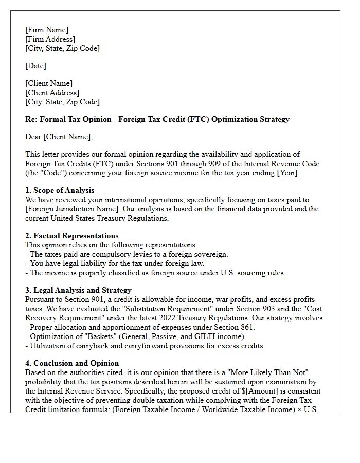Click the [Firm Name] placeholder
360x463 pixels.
47,30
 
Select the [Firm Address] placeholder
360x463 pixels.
50,39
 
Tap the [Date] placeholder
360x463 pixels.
35,66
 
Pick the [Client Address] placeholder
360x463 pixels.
52,93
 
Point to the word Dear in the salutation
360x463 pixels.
34,137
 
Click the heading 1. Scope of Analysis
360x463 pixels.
60,190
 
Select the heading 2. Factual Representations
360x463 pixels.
72,236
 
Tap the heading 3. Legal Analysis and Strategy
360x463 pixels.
78,290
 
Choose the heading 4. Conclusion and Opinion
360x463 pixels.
72,363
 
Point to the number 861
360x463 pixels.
246,327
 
